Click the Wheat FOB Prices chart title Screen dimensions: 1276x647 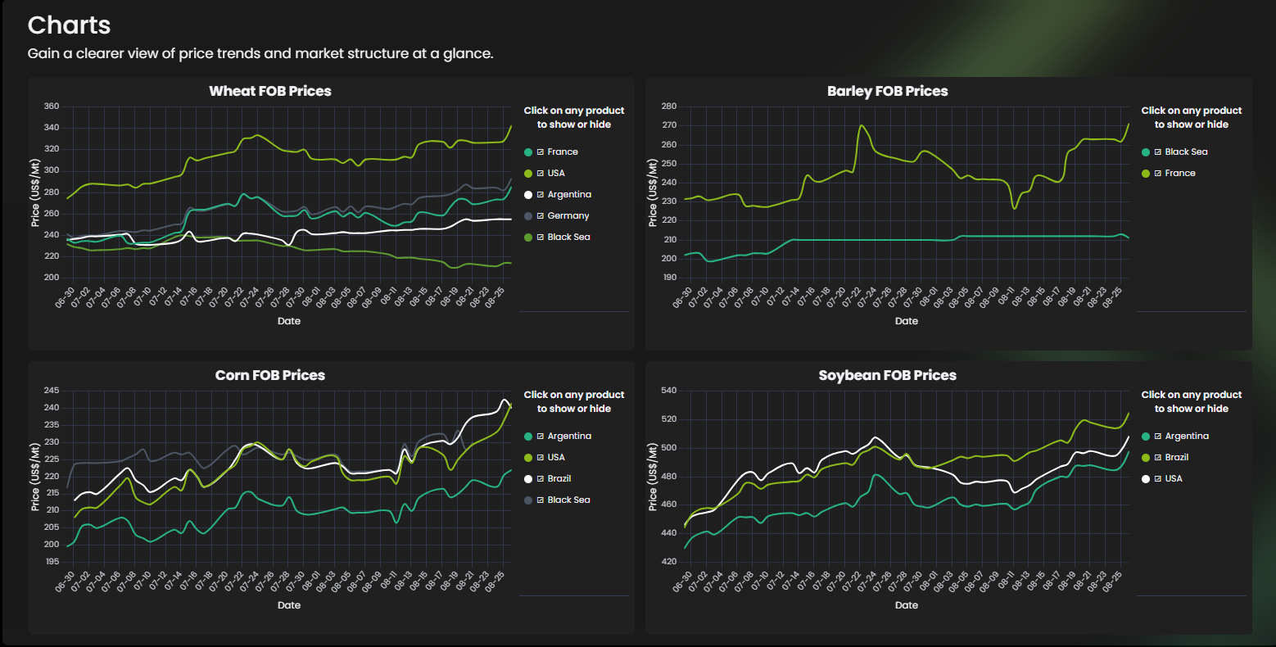270,91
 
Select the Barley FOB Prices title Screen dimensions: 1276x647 888,91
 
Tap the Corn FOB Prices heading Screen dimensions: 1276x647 270,375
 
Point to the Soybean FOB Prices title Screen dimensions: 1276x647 888,375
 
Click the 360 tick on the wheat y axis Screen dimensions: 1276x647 52,106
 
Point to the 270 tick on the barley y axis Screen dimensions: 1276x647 669,125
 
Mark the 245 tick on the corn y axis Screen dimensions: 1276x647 52,391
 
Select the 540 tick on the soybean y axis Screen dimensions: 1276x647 669,391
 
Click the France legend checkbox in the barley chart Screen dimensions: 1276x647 1157,173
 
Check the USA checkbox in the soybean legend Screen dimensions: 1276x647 1157,479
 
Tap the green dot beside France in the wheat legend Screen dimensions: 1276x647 528,152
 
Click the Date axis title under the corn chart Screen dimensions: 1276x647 289,605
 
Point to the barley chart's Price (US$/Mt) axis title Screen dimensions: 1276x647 652,192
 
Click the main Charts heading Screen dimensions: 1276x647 69,25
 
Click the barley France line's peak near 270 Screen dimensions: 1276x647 862,125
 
